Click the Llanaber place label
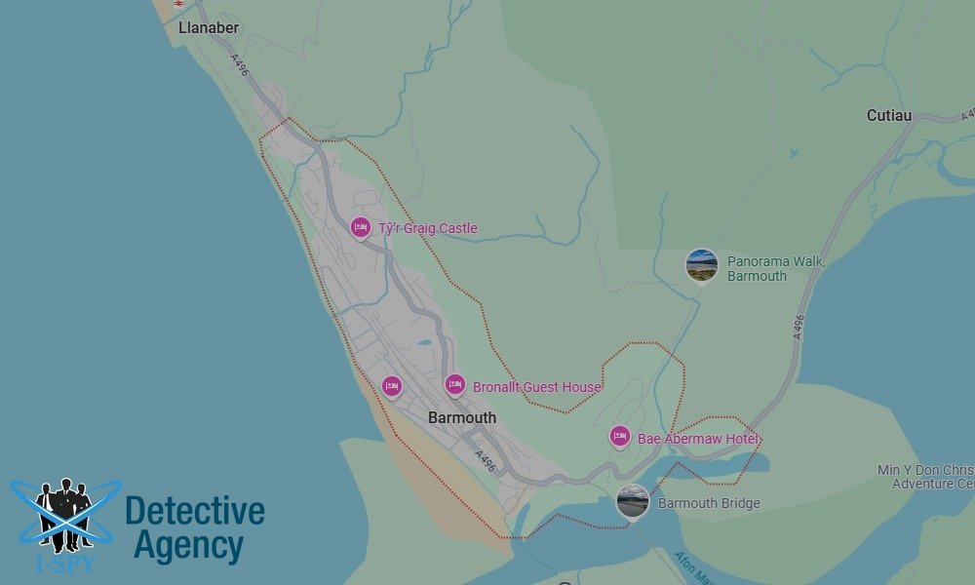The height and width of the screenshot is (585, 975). tap(209, 28)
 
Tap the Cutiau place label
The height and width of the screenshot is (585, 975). tap(889, 115)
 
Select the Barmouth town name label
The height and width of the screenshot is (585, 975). tap(462, 417)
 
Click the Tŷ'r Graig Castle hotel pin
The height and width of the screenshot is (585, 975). tap(361, 227)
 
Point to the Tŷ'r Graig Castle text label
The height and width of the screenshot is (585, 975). tap(428, 228)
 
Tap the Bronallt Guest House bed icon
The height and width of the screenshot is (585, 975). tap(454, 385)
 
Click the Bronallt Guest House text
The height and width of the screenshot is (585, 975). tap(536, 387)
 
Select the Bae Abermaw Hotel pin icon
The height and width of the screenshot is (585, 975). tap(619, 437)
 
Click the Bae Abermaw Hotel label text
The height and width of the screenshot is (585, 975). tap(698, 439)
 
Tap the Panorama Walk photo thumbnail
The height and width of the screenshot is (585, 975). tap(702, 265)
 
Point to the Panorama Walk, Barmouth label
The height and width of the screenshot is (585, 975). tap(776, 269)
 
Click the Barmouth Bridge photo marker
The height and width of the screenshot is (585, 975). tap(633, 502)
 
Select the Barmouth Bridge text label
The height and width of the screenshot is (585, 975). tap(709, 503)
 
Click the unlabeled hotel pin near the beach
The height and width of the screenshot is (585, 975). tap(392, 387)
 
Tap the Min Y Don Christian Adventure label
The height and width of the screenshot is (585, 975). tap(926, 477)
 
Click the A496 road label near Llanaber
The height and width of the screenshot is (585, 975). tap(239, 66)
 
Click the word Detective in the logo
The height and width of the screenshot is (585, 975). tap(195, 511)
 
